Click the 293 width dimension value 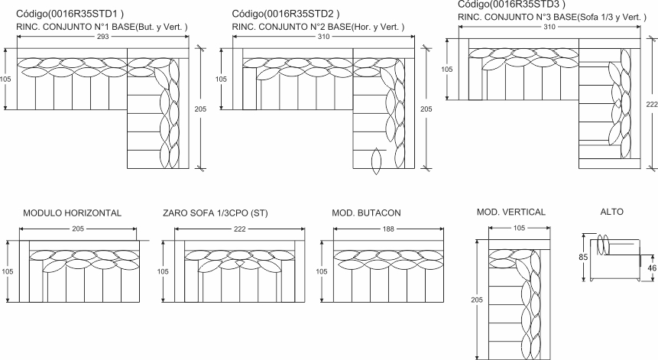(x=103, y=37)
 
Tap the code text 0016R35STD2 (x=301, y=14)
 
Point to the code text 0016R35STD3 (x=527, y=5)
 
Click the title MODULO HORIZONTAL (x=72, y=213)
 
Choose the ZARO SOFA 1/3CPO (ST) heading (x=216, y=213)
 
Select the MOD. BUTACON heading (x=366, y=213)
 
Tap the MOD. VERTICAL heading (x=511, y=212)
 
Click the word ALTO (x=612, y=212)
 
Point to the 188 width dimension (x=388, y=229)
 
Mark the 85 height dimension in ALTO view (x=583, y=257)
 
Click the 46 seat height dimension (x=652, y=268)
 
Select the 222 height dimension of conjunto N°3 (x=652, y=104)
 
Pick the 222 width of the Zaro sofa (x=240, y=229)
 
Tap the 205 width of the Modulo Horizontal (x=78, y=229)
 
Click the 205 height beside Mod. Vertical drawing (x=477, y=300)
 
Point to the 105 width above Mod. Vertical (x=519, y=228)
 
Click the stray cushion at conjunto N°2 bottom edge (x=377, y=161)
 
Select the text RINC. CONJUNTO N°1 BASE (x=76, y=28)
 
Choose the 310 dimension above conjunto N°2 (x=323, y=37)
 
